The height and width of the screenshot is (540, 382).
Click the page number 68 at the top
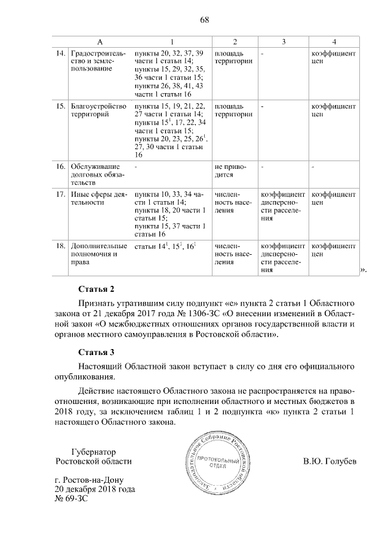(x=204, y=20)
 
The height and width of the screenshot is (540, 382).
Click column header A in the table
(x=100, y=41)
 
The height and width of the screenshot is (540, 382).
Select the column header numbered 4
(x=334, y=41)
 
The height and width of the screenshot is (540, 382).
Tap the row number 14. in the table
(x=60, y=53)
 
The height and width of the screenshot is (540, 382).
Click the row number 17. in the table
(x=60, y=195)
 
